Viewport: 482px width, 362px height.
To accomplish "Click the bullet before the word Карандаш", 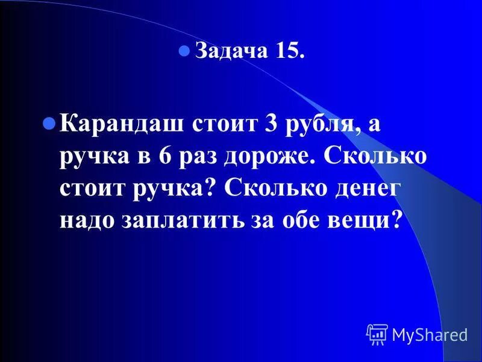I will (x=50, y=124).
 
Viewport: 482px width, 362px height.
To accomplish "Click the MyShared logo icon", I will (x=377, y=334).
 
